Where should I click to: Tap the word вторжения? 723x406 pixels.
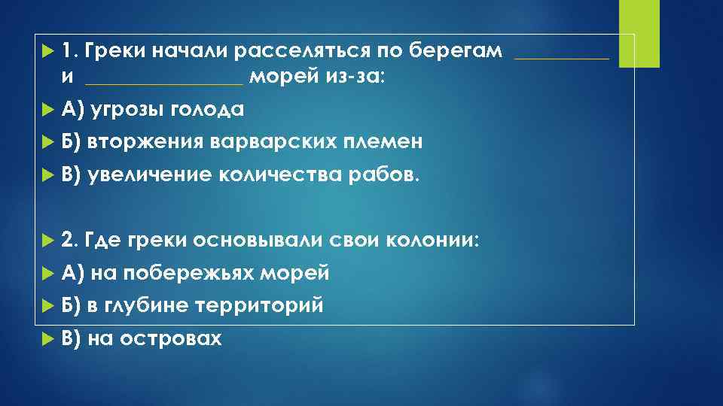point(144,142)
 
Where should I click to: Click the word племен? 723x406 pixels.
point(383,142)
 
